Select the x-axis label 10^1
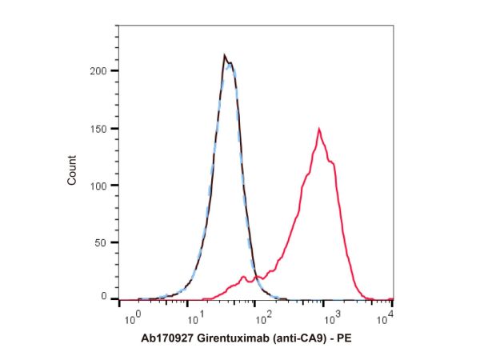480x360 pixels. click(x=198, y=318)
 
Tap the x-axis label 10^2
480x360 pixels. click(x=264, y=318)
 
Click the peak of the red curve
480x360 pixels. click(x=319, y=129)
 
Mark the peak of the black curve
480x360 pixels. click(x=225, y=55)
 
